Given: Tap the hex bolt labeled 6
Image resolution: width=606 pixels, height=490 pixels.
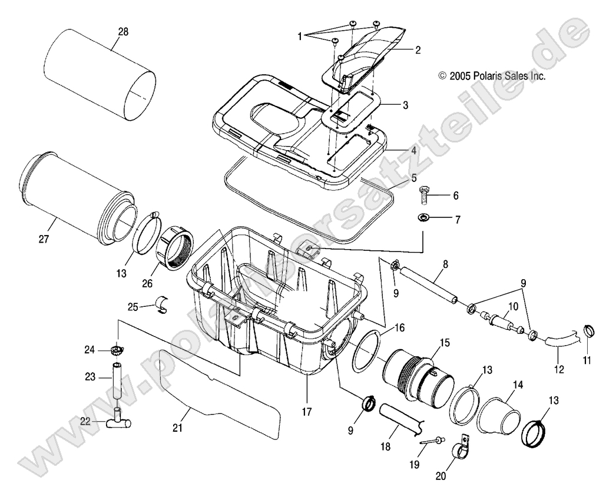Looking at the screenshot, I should click(424, 195).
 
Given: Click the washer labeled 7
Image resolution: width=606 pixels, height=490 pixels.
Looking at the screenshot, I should click(423, 218).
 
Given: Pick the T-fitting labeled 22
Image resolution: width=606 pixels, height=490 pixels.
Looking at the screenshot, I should click(118, 421).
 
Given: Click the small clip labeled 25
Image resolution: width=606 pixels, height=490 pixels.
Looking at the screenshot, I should click(161, 306).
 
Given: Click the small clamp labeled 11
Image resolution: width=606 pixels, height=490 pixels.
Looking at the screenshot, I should click(588, 332).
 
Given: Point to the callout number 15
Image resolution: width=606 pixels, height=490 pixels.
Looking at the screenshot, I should click(443, 342).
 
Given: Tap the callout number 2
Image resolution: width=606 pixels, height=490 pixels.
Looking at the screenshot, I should click(418, 51).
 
